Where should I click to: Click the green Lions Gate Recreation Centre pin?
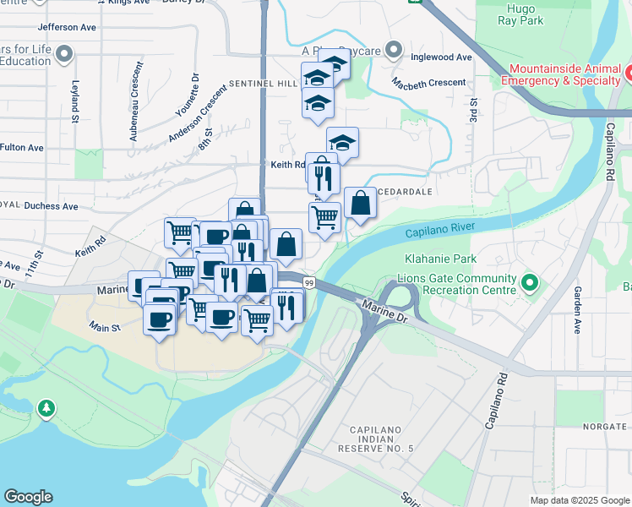530,282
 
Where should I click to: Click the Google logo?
28,497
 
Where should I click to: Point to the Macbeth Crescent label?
428,82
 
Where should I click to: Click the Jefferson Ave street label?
67,28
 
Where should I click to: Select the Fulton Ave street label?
21,147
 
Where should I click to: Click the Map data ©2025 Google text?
579,500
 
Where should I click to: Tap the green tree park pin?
47,410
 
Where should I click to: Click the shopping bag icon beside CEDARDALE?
360,203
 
